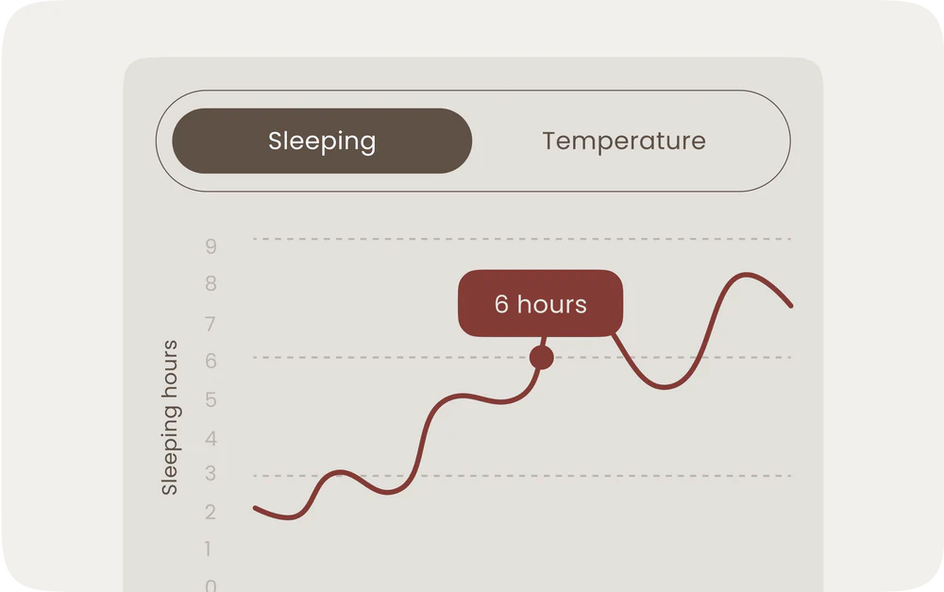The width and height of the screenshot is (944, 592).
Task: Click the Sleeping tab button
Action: pyautogui.click(x=322, y=141)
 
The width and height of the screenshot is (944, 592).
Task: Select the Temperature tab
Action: pyautogui.click(x=624, y=141)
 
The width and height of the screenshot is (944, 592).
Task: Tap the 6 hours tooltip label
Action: pyautogui.click(x=541, y=303)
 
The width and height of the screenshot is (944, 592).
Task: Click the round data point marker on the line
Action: pyautogui.click(x=541, y=358)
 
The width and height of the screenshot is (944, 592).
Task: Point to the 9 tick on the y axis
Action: pyautogui.click(x=211, y=246)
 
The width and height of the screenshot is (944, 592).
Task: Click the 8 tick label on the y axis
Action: pyautogui.click(x=211, y=283)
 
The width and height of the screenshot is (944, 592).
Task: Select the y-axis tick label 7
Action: pyautogui.click(x=211, y=324)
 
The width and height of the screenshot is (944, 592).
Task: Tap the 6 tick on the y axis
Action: pyautogui.click(x=211, y=361)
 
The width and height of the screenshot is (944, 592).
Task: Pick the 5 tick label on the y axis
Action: pyautogui.click(x=211, y=399)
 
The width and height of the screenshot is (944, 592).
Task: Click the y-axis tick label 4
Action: pyautogui.click(x=211, y=438)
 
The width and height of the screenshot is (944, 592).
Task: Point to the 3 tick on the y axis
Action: pyautogui.click(x=211, y=473)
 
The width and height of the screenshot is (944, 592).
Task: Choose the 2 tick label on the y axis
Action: pyautogui.click(x=211, y=512)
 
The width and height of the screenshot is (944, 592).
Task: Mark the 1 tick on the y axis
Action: pyautogui.click(x=208, y=549)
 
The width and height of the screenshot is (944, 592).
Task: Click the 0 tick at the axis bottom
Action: pyautogui.click(x=211, y=584)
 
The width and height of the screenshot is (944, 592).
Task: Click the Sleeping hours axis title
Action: pyautogui.click(x=169, y=417)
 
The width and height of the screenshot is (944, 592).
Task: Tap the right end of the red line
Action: pyautogui.click(x=790, y=306)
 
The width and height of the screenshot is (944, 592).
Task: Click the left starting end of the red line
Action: pyautogui.click(x=255, y=509)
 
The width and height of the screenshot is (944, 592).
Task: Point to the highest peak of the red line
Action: pyautogui.click(x=747, y=275)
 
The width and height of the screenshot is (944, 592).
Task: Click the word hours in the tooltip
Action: pyautogui.click(x=552, y=304)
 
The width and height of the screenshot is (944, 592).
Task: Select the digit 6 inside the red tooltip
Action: pyautogui.click(x=501, y=304)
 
